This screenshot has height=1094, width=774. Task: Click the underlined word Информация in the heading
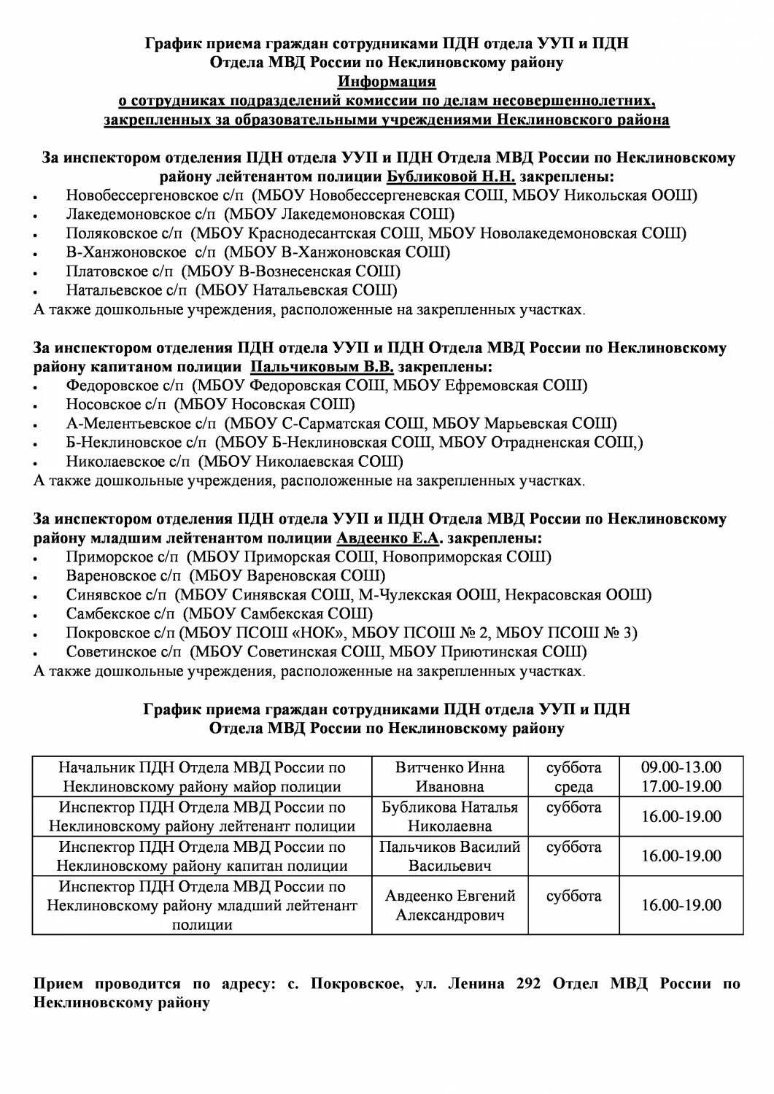pos(387,82)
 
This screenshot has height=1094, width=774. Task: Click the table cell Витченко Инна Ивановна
pos(449,777)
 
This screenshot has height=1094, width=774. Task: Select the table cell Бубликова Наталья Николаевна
pos(449,817)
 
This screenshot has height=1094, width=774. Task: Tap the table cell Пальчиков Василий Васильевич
pos(449,856)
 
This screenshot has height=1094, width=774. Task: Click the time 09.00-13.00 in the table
pos(681,767)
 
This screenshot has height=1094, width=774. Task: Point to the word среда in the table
pos(573,787)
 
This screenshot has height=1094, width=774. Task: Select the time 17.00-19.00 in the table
pos(681,786)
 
